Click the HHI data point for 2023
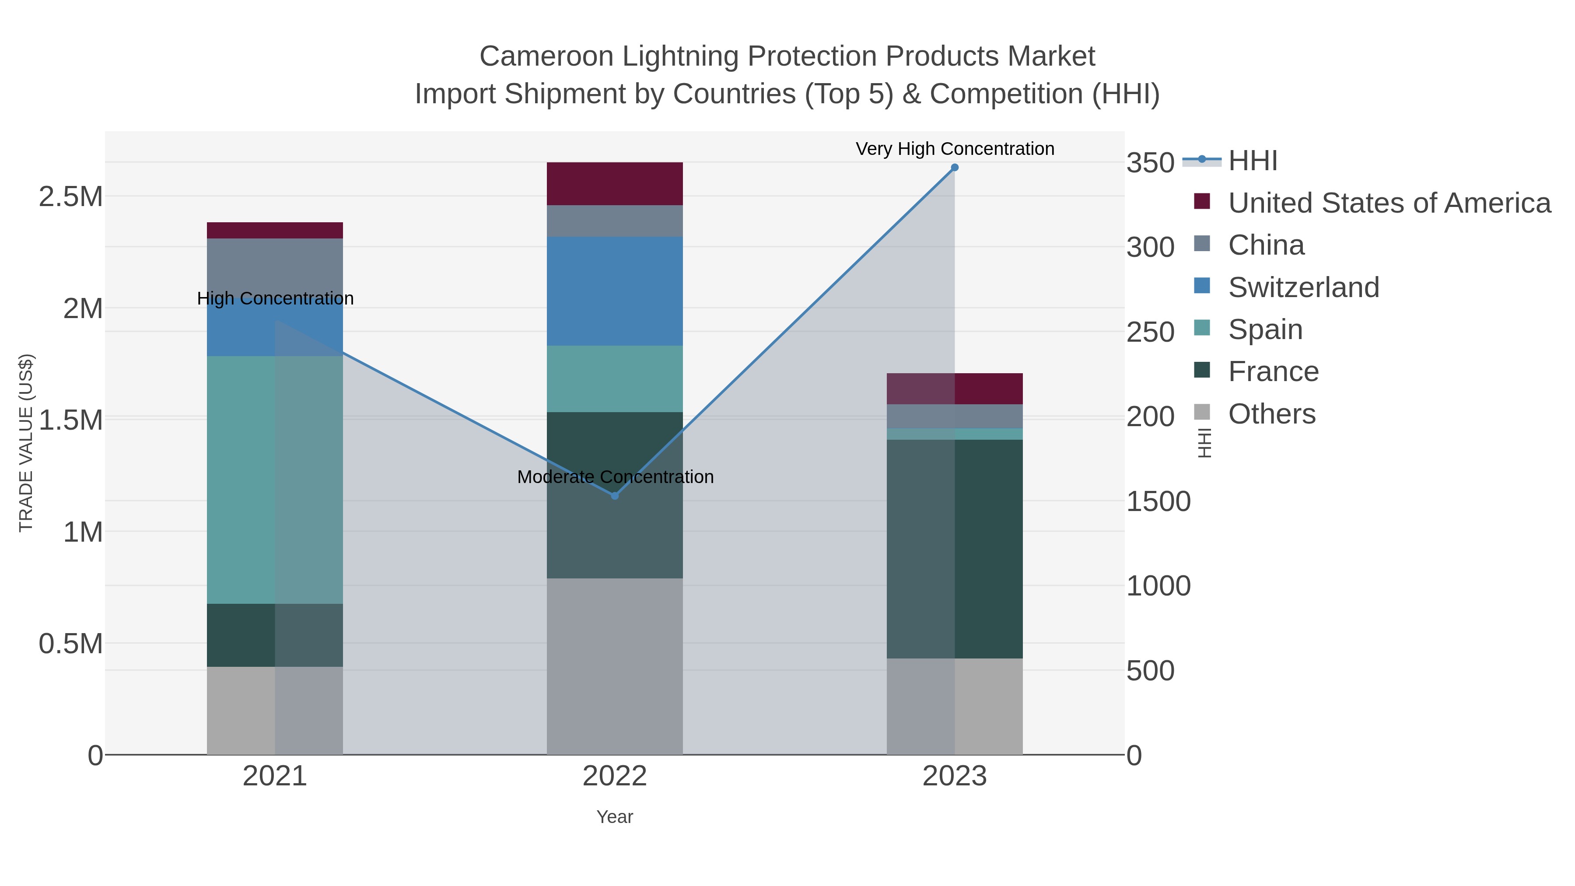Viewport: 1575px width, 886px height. [955, 168]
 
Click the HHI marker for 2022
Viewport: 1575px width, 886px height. [615, 496]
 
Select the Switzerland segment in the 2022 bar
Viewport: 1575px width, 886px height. [615, 291]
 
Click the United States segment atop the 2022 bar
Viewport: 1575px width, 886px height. [615, 183]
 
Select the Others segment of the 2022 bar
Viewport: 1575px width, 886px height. [615, 666]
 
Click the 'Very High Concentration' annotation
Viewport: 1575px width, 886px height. [955, 149]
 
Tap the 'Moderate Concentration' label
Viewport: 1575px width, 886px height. [615, 477]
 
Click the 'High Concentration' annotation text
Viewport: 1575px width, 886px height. [275, 298]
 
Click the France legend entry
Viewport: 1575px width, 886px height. [1273, 372]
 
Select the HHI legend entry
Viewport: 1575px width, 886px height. [1252, 161]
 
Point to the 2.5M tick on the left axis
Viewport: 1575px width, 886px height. [70, 197]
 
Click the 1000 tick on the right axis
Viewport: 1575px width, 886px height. [1158, 586]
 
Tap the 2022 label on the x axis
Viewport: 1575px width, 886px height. [615, 777]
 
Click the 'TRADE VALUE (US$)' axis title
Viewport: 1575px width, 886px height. [26, 443]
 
